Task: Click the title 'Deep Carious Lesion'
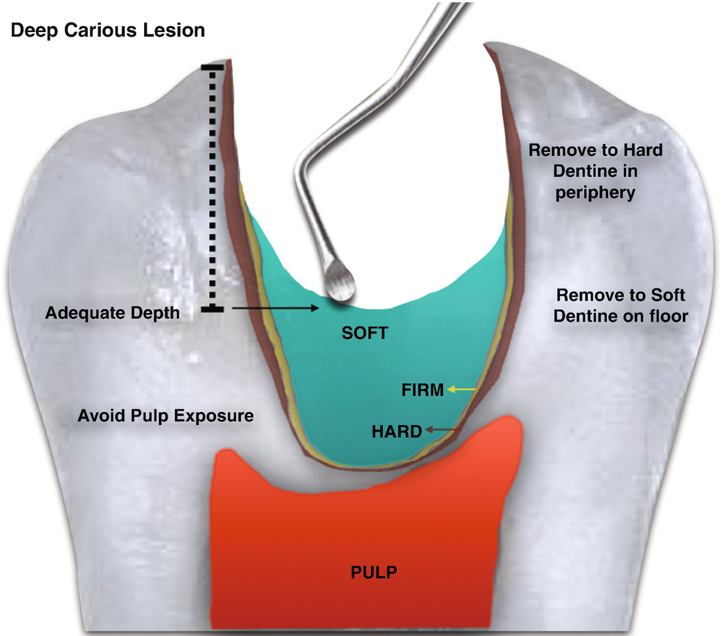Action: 108,30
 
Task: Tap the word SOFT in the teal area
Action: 365,333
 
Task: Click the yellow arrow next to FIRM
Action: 462,390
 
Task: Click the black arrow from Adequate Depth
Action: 274,306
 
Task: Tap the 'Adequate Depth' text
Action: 112,313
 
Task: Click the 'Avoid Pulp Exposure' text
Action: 166,415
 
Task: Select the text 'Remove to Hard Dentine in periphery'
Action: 595,171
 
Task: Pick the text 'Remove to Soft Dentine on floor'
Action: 620,305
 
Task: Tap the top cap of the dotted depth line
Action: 212,67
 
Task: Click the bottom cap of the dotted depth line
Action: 212,309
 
